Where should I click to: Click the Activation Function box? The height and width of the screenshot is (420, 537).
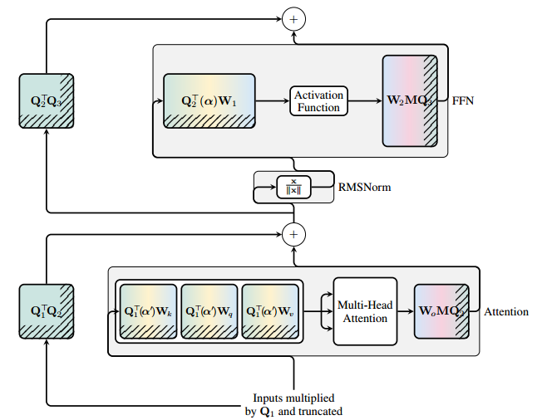318,101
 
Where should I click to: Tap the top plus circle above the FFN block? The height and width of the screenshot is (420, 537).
293,17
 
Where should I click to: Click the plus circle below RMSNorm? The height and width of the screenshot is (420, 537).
293,235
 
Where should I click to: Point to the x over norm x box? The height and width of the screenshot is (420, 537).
293,187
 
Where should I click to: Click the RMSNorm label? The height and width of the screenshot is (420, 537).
365,188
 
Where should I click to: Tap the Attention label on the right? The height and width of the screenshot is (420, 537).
506,312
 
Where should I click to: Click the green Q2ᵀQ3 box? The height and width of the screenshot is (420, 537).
46,101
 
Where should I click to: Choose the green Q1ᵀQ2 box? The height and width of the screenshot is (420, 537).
46,312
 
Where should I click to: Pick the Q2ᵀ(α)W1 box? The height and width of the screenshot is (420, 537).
210,101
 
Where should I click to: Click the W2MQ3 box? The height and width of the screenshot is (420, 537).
410,101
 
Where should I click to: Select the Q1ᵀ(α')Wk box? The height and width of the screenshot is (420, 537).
148,312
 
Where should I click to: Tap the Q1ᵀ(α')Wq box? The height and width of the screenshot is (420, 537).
209,312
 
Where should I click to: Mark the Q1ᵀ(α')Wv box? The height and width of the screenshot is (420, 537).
269,312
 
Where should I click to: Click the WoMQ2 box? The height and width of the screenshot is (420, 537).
441,312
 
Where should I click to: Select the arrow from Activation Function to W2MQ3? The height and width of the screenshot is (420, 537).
364,101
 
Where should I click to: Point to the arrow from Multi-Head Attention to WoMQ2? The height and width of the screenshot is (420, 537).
405,312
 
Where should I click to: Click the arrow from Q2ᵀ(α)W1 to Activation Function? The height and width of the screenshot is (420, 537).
273,101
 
